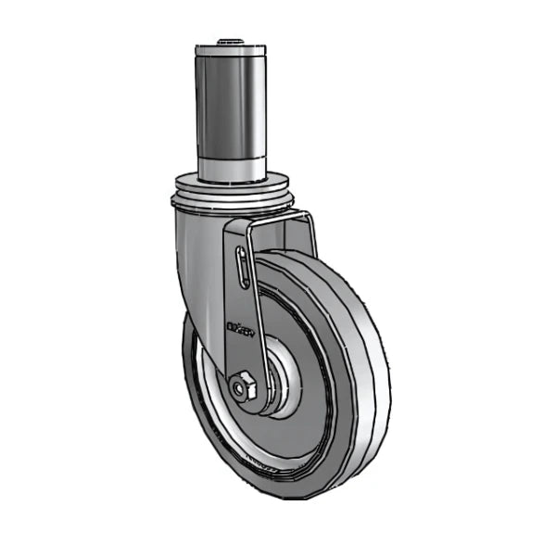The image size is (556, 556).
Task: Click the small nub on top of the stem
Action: click(228, 42)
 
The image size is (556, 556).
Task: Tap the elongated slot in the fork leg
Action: click(242, 269)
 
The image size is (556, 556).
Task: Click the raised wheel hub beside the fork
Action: click(283, 380)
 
